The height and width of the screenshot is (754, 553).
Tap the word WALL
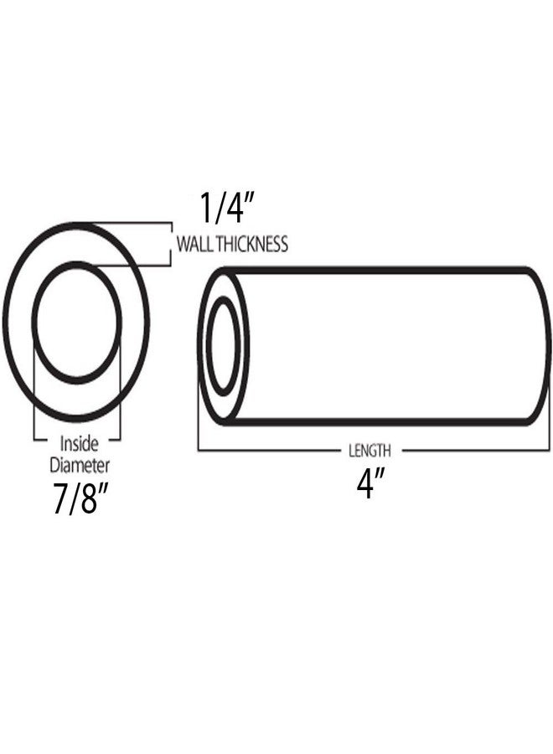click(x=194, y=244)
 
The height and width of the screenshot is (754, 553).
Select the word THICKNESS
click(x=252, y=244)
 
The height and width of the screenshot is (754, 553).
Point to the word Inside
click(x=79, y=444)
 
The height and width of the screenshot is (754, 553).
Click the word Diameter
click(x=80, y=465)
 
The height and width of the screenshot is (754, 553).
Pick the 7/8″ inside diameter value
click(x=79, y=499)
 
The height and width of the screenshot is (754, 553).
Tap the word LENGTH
click(x=370, y=451)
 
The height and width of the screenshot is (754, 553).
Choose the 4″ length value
click(x=370, y=483)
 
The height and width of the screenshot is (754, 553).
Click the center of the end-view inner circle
click(x=76, y=322)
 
